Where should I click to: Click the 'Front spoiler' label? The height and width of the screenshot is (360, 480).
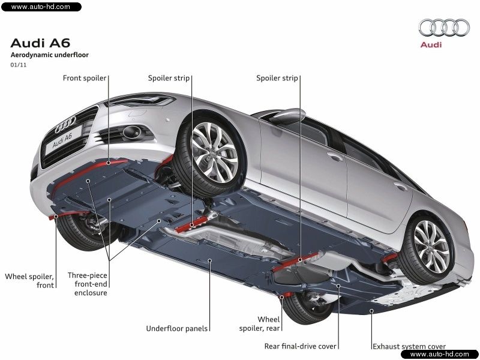[85, 78]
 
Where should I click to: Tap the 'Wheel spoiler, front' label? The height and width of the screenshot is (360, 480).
[29, 281]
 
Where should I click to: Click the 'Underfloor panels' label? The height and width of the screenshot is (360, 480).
[177, 328]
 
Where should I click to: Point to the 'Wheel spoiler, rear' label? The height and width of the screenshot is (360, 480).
[268, 324]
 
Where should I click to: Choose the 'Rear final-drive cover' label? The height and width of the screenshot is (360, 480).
[301, 346]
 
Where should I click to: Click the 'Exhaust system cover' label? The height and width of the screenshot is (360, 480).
[409, 346]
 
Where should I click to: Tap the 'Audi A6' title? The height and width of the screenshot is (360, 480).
[40, 43]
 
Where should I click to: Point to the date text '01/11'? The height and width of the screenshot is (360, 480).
[17, 65]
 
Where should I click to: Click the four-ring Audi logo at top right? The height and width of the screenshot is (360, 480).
[444, 27]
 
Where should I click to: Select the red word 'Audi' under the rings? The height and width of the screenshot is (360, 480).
[431, 44]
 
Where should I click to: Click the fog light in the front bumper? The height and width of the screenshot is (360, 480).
[129, 131]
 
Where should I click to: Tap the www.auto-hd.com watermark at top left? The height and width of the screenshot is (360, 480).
[40, 7]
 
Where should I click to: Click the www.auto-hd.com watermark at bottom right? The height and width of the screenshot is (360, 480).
[439, 354]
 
